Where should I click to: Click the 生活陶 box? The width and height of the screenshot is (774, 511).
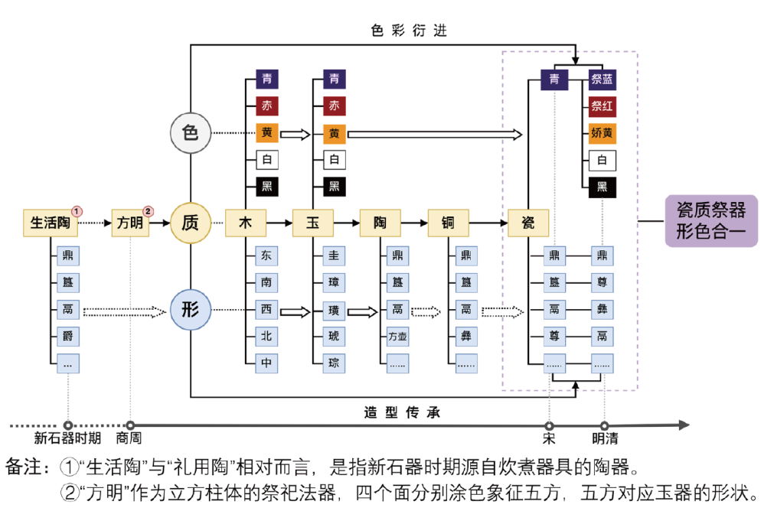tap(51, 223)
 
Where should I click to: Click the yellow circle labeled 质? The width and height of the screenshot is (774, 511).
tap(190, 223)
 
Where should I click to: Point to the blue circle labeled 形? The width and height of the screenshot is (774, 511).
tap(190, 310)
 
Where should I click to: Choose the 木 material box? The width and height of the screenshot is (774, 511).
tap(246, 223)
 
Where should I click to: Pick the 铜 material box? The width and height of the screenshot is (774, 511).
tap(448, 223)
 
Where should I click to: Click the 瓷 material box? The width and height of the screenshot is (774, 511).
tap(529, 223)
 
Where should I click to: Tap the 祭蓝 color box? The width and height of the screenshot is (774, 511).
tap(603, 79)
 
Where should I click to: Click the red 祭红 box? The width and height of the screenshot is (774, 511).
tap(603, 106)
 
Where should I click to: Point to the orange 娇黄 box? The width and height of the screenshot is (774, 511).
tap(603, 133)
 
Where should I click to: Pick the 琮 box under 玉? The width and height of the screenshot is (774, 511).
tap(334, 363)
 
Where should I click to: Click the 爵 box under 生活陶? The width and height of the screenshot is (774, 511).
tap(68, 337)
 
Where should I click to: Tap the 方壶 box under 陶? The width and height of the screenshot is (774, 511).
tap(398, 337)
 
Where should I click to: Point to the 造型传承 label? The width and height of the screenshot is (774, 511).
tap(402, 412)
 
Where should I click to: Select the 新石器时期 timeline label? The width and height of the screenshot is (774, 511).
tap(67, 439)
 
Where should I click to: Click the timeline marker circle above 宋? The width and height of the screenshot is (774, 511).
tap(549, 426)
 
